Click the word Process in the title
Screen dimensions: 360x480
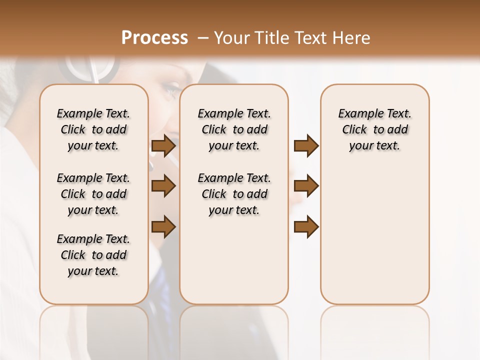coord(154,38)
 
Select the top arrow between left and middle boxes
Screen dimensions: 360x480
coord(163,146)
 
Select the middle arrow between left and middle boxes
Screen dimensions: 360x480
coord(163,186)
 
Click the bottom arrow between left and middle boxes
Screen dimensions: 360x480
coord(163,227)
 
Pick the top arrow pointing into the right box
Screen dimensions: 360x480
coord(306,146)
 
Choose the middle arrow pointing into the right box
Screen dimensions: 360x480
coord(306,186)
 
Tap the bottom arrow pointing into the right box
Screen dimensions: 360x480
coord(306,227)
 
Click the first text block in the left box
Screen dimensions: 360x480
coord(93,129)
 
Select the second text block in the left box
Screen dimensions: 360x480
coord(93,194)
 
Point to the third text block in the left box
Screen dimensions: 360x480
coord(93,255)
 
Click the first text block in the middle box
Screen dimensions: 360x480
coord(234,129)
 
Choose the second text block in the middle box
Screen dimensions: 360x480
coord(234,194)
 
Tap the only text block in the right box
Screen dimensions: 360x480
coord(374,129)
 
